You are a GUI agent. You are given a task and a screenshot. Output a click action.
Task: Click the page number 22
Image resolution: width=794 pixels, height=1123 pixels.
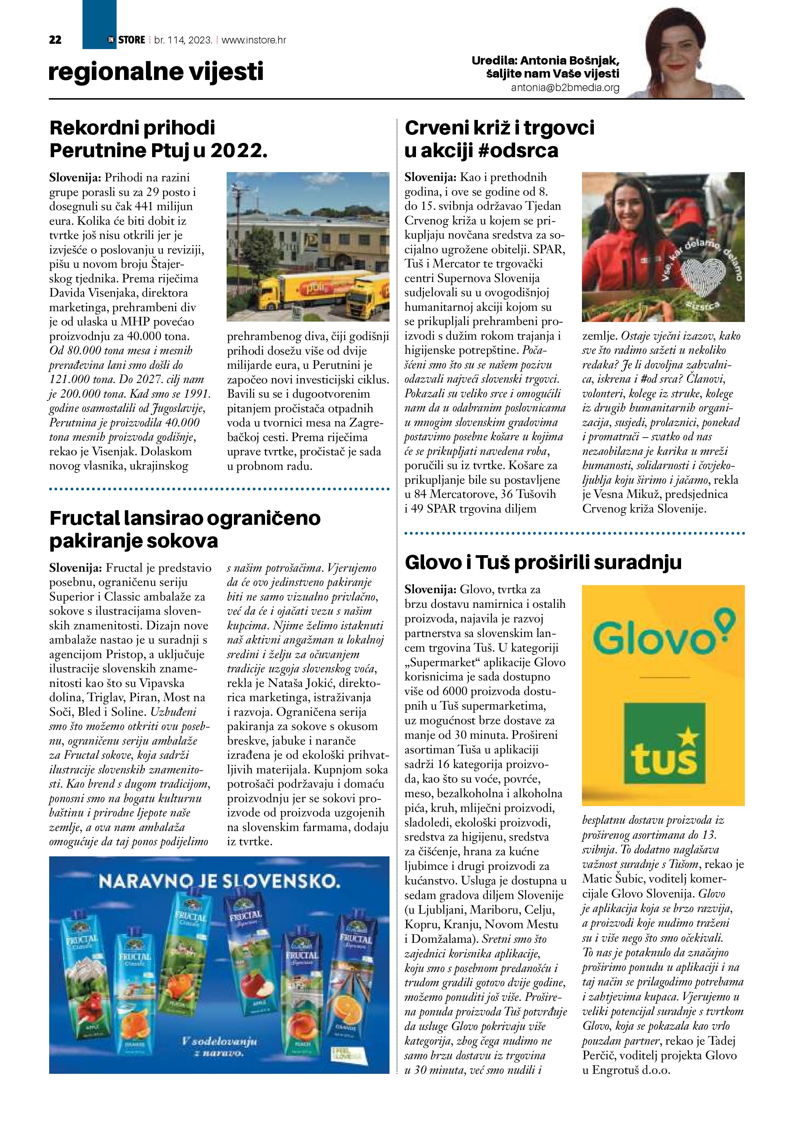pyautogui.click(x=55, y=40)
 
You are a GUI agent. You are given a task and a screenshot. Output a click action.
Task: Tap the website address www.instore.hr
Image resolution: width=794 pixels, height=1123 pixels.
pyautogui.click(x=254, y=40)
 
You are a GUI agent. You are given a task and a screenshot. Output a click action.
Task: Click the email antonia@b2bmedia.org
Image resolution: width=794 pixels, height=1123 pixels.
pyautogui.click(x=565, y=88)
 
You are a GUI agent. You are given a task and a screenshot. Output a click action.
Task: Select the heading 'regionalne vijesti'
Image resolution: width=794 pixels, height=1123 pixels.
pyautogui.click(x=156, y=71)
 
